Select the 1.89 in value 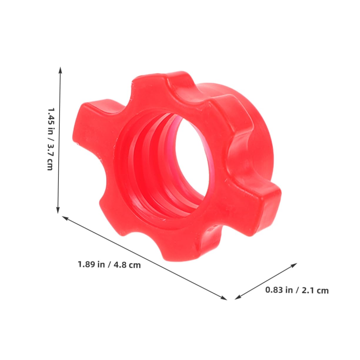pos(91,264)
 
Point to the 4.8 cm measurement pos(128,265)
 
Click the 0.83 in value pos(279,290)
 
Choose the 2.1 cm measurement pos(316,291)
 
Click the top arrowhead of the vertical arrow pos(60,69)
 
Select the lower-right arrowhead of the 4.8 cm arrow pos(225,298)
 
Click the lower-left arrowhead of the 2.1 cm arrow pos(237,297)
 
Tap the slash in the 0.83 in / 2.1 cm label pos(297,290)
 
